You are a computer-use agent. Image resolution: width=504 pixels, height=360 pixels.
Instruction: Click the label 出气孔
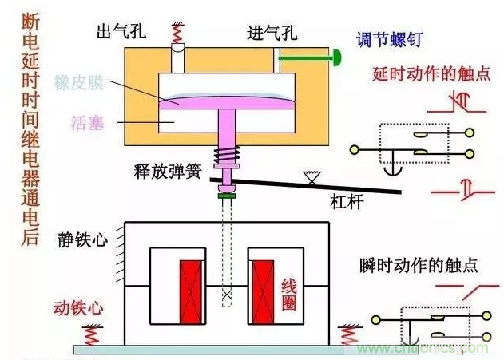tap(120, 32)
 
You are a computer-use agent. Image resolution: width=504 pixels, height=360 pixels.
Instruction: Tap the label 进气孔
tap(272, 33)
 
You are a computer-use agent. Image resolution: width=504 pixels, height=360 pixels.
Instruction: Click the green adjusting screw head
tap(338, 57)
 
